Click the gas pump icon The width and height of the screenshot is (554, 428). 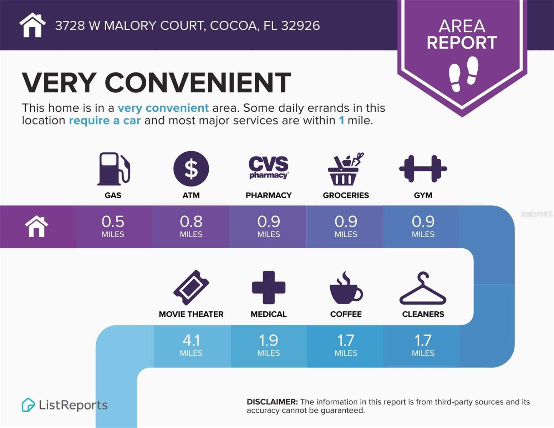pyautogui.click(x=113, y=169)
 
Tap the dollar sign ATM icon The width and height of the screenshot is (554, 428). pyautogui.click(x=191, y=169)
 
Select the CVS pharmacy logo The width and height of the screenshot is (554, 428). pyautogui.click(x=269, y=167)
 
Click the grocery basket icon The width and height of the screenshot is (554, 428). pyautogui.click(x=345, y=169)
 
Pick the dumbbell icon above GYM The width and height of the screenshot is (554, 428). pyautogui.click(x=423, y=169)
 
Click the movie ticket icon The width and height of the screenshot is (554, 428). pyautogui.click(x=191, y=287)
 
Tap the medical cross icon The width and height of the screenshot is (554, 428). pyautogui.click(x=269, y=287)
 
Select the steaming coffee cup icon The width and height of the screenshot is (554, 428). pyautogui.click(x=345, y=288)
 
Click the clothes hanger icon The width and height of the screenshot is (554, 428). pyautogui.click(x=423, y=289)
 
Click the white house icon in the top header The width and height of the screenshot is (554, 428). pyautogui.click(x=32, y=25)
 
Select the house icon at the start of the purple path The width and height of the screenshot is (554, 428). pyautogui.click(x=36, y=226)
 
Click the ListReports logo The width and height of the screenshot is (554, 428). pyautogui.click(x=65, y=405)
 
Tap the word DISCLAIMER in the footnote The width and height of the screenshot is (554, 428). pyautogui.click(x=272, y=402)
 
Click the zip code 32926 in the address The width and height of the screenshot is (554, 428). pyautogui.click(x=300, y=26)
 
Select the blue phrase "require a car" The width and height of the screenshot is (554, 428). pyautogui.click(x=105, y=121)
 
